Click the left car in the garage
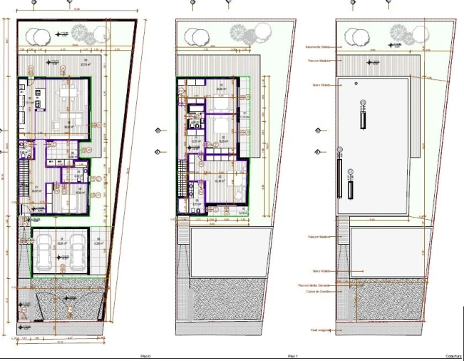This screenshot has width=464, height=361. pyautogui.click(x=44, y=254)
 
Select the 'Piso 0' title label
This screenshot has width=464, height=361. pyautogui.click(x=145, y=355)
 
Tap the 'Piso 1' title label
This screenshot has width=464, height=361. pyautogui.click(x=292, y=355)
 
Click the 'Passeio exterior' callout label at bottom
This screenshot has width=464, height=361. pyautogui.click(x=319, y=330)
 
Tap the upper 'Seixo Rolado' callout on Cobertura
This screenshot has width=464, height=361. pyautogui.click(x=321, y=82)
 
